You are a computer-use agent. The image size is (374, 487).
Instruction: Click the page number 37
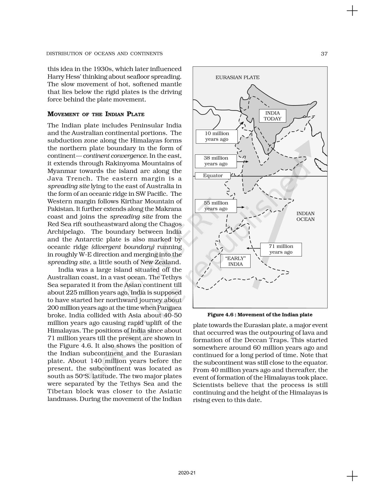[x=324, y=54]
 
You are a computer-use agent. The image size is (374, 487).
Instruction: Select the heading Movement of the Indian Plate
[x=96, y=114]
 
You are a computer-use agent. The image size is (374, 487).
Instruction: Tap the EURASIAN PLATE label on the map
[x=237, y=78]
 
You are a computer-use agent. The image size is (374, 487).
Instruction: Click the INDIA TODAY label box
[x=272, y=116]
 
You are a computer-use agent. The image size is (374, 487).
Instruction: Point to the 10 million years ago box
[x=217, y=136]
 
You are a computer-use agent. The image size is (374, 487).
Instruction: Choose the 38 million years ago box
[x=216, y=161]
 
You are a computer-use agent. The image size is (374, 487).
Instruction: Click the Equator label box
[x=213, y=176]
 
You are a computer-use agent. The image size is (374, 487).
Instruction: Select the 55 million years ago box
[x=216, y=206]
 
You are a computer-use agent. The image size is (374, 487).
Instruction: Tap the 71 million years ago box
[x=281, y=249]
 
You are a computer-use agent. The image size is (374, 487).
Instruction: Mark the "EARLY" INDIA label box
[x=235, y=261]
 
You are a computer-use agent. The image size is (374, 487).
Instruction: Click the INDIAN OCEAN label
[x=305, y=216]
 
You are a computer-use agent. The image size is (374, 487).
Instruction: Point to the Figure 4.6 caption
[x=260, y=315]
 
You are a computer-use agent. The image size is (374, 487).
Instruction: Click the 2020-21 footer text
[x=187, y=473]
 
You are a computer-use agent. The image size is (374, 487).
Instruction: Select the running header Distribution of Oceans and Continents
[x=104, y=54]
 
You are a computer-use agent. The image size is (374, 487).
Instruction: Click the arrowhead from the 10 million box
[x=243, y=123]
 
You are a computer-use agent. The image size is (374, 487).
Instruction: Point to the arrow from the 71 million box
[x=254, y=248]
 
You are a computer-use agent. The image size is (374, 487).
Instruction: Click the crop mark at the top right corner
[x=352, y=11]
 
